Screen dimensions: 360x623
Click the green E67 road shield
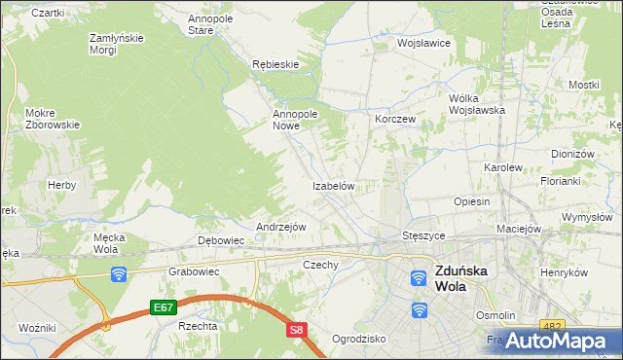[x=163, y=307]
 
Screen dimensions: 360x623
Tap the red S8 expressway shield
[x=298, y=331]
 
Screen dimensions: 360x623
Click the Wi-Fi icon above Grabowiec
[x=119, y=274]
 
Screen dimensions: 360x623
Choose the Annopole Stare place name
[x=214, y=23]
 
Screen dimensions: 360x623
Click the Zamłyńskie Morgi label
[x=117, y=44]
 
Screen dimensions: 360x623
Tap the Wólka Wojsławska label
[x=476, y=104]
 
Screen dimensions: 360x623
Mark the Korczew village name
[x=395, y=119]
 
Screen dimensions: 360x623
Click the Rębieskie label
[x=275, y=64]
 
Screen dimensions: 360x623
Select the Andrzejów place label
[x=280, y=227]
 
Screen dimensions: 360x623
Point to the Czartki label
[x=48, y=13]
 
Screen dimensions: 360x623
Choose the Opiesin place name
[x=471, y=201]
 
